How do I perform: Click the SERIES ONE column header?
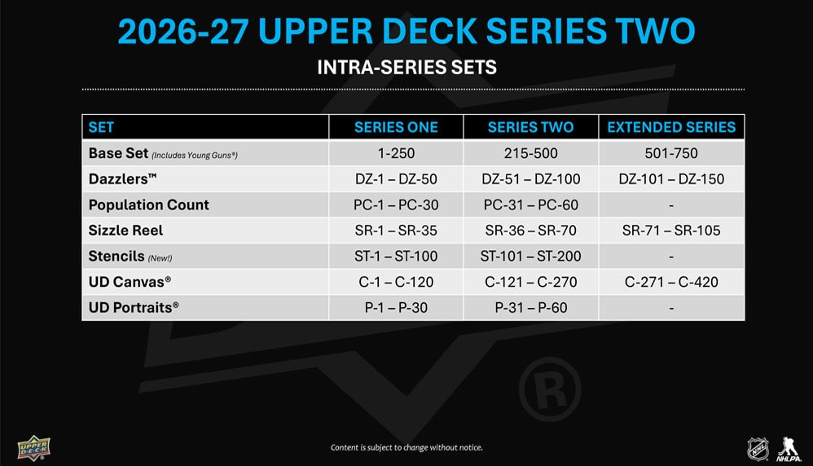(396, 127)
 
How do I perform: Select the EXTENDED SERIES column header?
(671, 127)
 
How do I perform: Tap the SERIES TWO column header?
(530, 127)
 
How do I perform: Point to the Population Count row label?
(149, 204)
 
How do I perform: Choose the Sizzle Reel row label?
(125, 231)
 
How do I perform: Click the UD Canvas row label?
(130, 281)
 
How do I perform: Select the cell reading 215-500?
(531, 153)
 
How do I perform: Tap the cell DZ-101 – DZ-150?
(671, 179)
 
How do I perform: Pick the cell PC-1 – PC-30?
(396, 204)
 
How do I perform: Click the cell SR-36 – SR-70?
(531, 231)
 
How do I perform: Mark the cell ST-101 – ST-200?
(531, 256)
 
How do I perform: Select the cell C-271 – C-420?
(671, 281)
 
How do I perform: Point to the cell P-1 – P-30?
(396, 307)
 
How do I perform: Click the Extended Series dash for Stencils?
(671, 257)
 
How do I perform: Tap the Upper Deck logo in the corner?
(33, 448)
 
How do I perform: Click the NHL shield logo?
(758, 449)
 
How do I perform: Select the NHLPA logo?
(789, 450)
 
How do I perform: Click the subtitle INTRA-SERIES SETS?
(407, 68)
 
